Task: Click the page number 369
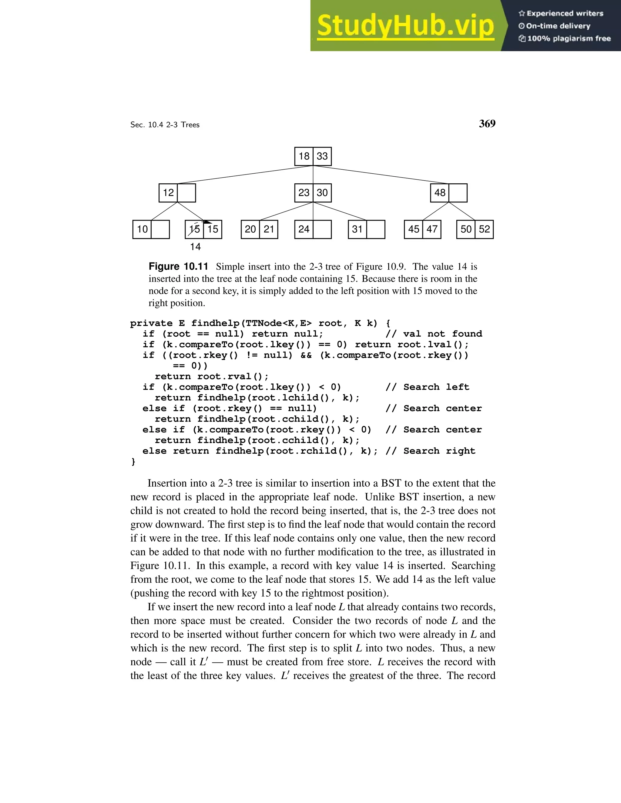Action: (x=487, y=124)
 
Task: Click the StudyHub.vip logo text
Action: (x=405, y=26)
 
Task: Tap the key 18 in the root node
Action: (x=304, y=156)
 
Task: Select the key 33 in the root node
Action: (x=322, y=156)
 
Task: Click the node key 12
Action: (x=168, y=193)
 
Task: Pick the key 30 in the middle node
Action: (x=322, y=193)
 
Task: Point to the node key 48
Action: (x=440, y=193)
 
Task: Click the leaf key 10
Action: (x=142, y=229)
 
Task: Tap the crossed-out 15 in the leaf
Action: (x=194, y=229)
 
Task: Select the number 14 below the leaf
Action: (x=195, y=247)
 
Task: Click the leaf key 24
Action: (x=304, y=229)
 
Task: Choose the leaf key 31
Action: (x=357, y=229)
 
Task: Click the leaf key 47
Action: (x=432, y=229)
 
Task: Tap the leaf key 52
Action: (x=484, y=229)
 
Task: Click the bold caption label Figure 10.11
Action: (x=178, y=267)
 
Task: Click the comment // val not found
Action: (x=434, y=334)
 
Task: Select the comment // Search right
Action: (x=431, y=451)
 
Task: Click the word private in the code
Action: (x=151, y=324)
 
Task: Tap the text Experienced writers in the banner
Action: (x=564, y=14)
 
